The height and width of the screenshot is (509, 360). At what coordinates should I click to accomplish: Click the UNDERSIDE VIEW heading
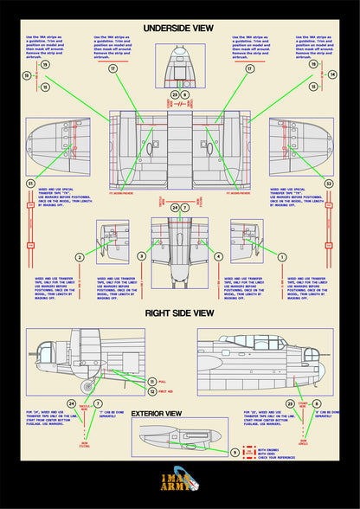(x=179, y=28)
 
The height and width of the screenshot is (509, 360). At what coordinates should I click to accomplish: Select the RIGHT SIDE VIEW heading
(x=179, y=312)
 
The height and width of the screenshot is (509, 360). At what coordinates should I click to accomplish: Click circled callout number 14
(x=332, y=75)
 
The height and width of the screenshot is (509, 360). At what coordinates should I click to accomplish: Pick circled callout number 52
(x=329, y=184)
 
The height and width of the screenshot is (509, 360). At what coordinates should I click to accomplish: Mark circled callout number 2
(x=80, y=256)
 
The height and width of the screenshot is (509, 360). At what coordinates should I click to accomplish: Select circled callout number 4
(x=218, y=256)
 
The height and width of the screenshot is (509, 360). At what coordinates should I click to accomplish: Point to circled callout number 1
(x=281, y=256)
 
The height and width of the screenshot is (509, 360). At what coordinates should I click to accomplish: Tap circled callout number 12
(x=152, y=391)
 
